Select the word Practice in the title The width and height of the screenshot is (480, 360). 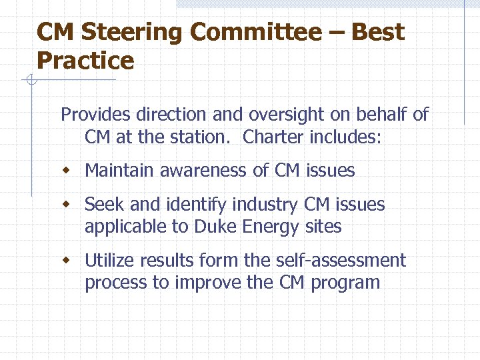[x=85, y=61]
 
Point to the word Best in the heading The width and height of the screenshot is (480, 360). [x=377, y=32]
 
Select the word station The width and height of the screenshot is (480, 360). [x=204, y=137]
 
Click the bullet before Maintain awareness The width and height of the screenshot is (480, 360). [x=65, y=171]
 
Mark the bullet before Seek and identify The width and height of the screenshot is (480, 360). [x=65, y=205]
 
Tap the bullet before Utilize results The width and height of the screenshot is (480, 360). [x=65, y=261]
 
